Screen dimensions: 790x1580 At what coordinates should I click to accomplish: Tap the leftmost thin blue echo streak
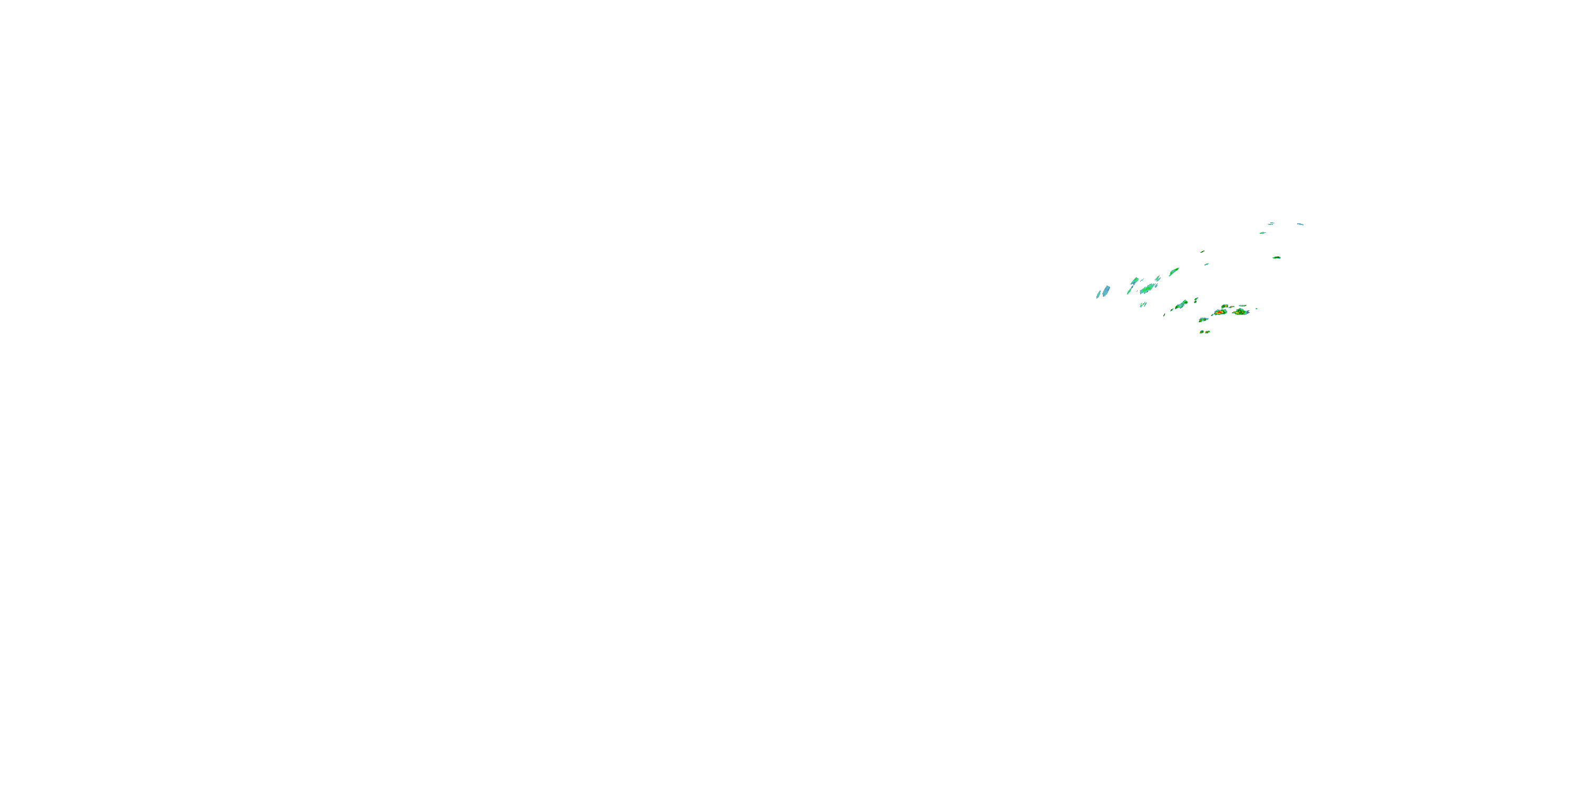pyautogui.click(x=1099, y=295)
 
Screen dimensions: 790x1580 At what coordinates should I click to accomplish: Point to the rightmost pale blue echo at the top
pyautogui.click(x=1300, y=224)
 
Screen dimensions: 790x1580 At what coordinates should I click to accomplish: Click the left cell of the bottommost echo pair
pyautogui.click(x=1202, y=332)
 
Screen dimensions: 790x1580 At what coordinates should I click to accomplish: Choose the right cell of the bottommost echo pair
pyautogui.click(x=1207, y=332)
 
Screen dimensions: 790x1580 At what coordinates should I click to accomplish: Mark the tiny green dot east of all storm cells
pyautogui.click(x=1256, y=309)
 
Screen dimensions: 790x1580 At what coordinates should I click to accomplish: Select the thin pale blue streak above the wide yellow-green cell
pyautogui.click(x=1242, y=305)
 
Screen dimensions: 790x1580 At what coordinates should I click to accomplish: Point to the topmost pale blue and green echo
pyautogui.click(x=1271, y=223)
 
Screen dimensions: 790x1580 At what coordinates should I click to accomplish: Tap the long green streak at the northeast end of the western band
pyautogui.click(x=1173, y=271)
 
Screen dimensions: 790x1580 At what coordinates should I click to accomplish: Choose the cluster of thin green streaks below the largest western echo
pyautogui.click(x=1143, y=304)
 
